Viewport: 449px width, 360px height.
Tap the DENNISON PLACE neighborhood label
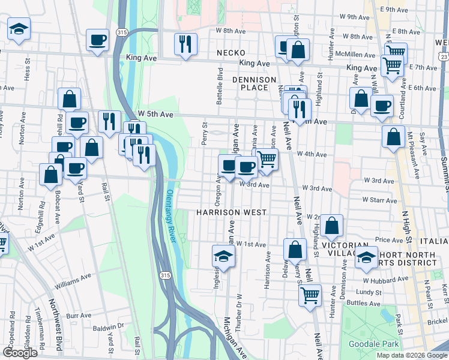[254, 83]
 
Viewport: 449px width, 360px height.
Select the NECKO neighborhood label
[232, 53]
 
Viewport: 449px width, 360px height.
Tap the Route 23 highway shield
[444, 56]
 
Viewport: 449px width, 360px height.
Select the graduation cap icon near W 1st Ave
[224, 256]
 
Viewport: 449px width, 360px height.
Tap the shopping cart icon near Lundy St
[310, 294]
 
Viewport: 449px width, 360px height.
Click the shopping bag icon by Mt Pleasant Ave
[393, 136]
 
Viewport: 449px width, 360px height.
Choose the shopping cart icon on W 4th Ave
[267, 159]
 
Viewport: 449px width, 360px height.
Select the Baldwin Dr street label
[108, 328]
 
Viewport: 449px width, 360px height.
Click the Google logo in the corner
[20, 353]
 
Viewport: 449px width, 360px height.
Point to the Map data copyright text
[412, 355]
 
